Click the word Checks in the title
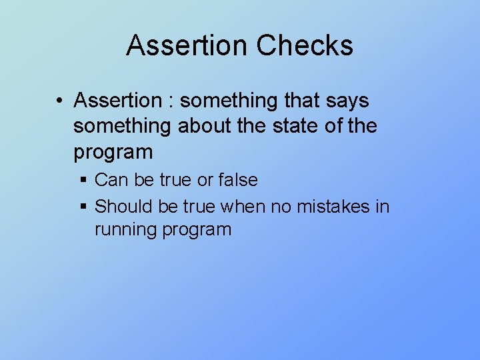point(305,45)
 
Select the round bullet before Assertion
point(60,101)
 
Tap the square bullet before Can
point(83,181)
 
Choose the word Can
point(110,180)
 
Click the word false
point(238,180)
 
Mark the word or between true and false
point(204,180)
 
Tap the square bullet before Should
point(83,207)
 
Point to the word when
point(243,207)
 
